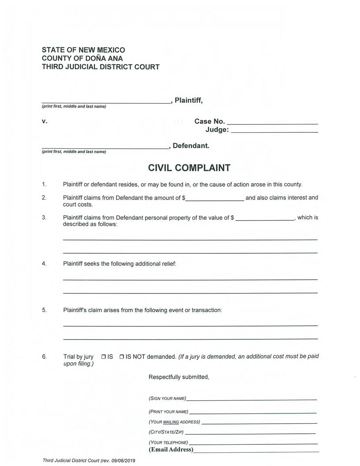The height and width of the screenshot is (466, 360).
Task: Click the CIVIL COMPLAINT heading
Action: tap(189, 168)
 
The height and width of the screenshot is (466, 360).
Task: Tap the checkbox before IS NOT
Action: tap(121, 357)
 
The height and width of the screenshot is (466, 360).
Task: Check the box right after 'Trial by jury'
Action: tap(103, 357)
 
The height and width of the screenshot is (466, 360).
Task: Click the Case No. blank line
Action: tap(272, 123)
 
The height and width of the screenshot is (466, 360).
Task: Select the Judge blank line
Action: tap(274, 132)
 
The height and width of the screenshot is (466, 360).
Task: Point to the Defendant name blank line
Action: tap(105, 147)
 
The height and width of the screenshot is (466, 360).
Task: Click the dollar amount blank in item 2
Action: tap(214, 199)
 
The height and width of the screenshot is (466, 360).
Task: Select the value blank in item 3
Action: tap(265, 219)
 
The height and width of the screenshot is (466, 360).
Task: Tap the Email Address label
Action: tap(171, 450)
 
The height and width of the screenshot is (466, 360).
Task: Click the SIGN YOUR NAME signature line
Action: tap(251, 399)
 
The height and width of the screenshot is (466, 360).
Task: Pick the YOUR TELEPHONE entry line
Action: tap(253, 443)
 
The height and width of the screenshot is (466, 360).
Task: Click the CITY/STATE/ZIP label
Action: tap(166, 432)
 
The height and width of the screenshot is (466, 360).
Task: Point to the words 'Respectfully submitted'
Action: tap(179, 377)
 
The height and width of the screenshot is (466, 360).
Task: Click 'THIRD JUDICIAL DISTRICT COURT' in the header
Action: tap(101, 67)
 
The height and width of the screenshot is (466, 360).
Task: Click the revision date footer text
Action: tap(89, 460)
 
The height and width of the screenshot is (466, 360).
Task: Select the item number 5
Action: tap(44, 310)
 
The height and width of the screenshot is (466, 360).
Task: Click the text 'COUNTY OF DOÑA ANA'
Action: tap(82, 59)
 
